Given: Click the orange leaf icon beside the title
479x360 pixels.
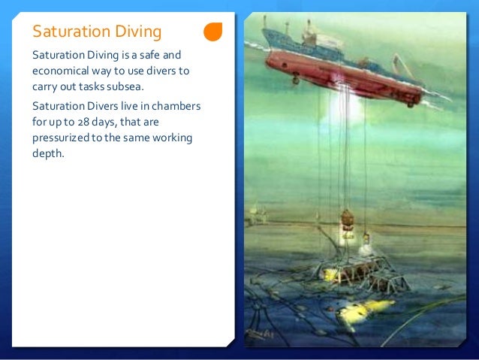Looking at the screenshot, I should coord(213,32).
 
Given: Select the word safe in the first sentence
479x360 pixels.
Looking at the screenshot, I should coord(149,56).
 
